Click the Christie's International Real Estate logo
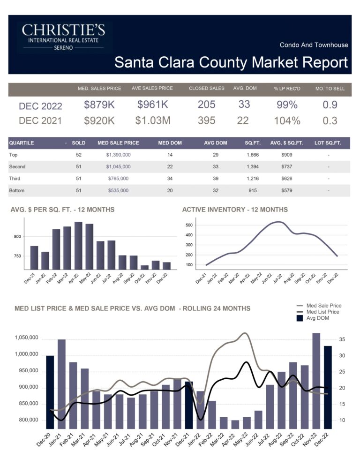click(x=64, y=38)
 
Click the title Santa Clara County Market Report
click(x=231, y=62)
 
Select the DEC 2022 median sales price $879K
click(x=99, y=105)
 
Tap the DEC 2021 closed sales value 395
click(x=206, y=120)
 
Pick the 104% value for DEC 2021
click(x=287, y=120)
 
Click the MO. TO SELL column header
click(x=330, y=88)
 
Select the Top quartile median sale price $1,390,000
click(x=118, y=154)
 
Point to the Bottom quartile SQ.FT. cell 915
click(x=248, y=191)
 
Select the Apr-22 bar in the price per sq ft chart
click(x=78, y=246)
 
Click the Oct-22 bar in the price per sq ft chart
click(x=144, y=267)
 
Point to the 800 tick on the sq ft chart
click(x=17, y=236)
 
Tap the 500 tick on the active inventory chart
click(x=189, y=225)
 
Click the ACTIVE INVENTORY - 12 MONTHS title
click(x=235, y=210)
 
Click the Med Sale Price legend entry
click(x=323, y=306)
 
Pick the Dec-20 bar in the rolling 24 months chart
click(x=50, y=392)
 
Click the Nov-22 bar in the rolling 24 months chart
click(x=316, y=381)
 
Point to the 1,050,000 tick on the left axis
click(x=26, y=338)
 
